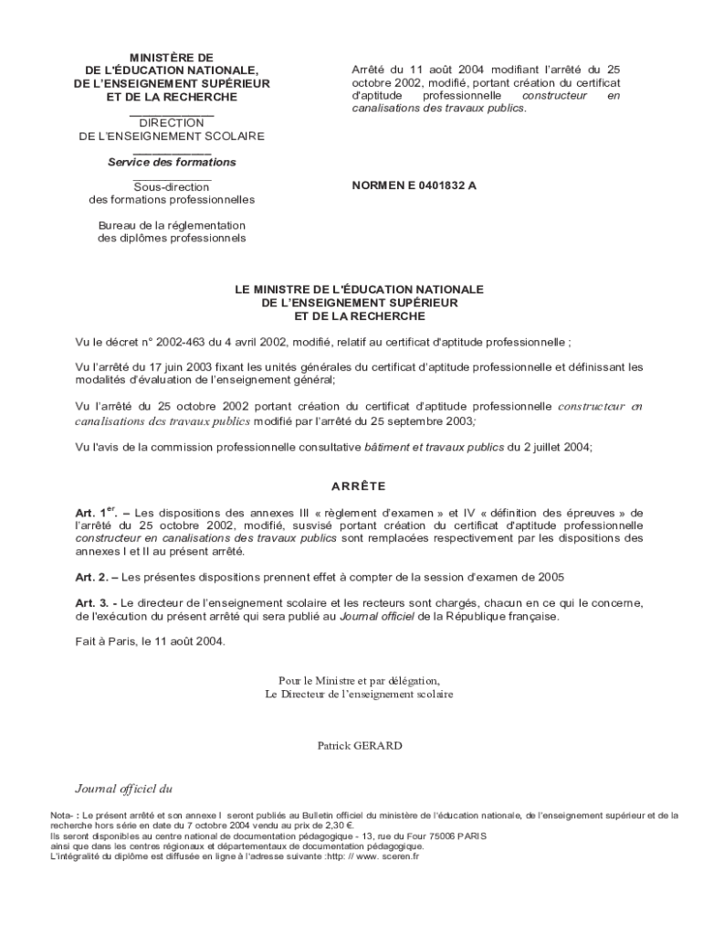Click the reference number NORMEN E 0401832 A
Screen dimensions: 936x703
point(414,186)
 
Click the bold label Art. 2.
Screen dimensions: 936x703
point(92,577)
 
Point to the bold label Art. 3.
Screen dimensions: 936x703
point(92,602)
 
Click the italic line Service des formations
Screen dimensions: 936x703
point(172,162)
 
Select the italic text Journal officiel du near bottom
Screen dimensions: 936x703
point(123,787)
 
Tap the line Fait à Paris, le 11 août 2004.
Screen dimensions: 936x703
point(150,641)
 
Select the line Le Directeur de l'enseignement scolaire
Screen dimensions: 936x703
point(359,694)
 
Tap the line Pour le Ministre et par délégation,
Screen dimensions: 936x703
point(359,680)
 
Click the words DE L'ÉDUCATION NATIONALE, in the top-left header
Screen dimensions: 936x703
point(172,70)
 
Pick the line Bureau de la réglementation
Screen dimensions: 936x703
point(172,225)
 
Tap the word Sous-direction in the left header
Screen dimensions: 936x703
point(172,186)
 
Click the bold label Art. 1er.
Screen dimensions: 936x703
point(96,512)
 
